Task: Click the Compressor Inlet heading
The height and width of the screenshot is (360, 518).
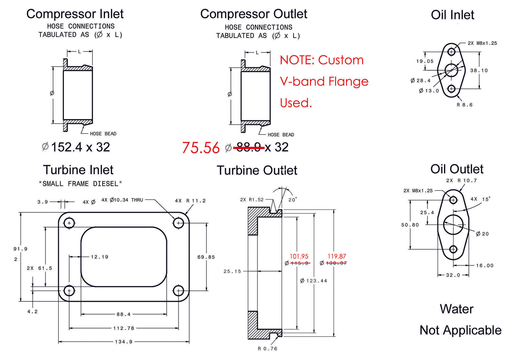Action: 75,14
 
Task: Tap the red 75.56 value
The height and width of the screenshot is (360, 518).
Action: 201,148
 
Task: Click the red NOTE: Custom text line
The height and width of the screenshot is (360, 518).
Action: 322,60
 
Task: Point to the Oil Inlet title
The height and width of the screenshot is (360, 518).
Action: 452,15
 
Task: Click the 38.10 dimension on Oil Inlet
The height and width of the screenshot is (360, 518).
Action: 479,71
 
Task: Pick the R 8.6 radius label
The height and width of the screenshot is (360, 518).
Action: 465,105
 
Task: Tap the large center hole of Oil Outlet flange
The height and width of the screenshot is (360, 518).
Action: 453,225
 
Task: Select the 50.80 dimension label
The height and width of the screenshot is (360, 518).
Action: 410,225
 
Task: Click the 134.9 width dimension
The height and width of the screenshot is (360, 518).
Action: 124,342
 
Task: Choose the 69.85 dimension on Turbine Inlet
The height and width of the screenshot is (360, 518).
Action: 206,257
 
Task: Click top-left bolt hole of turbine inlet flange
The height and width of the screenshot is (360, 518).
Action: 69,223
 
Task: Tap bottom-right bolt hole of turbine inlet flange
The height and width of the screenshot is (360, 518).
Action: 179,291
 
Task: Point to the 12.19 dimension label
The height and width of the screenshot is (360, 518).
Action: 99,257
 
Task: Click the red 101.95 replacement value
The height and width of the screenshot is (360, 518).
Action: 299,256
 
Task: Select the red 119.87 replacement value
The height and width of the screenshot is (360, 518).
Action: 337,256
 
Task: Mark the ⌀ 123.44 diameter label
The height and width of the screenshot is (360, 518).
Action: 314,281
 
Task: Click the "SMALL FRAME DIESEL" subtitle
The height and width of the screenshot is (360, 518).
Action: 80,184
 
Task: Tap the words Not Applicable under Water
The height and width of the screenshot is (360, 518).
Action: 460,330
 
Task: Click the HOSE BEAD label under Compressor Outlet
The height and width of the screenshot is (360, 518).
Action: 281,135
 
